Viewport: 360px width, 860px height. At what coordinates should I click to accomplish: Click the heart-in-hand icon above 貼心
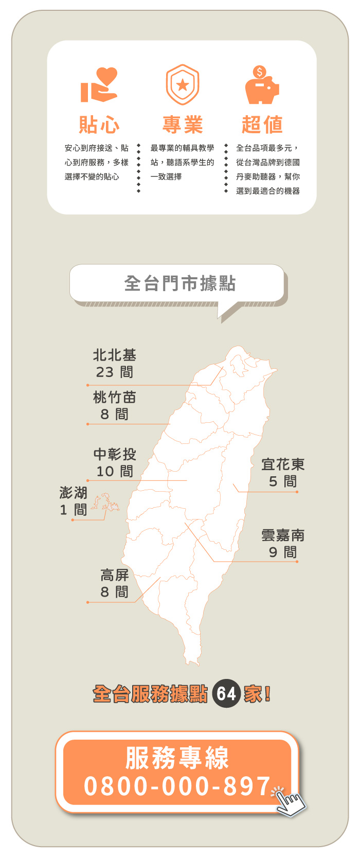tap(99, 85)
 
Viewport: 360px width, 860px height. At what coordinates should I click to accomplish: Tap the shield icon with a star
tap(182, 85)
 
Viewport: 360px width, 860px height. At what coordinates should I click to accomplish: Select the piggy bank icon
tap(262, 85)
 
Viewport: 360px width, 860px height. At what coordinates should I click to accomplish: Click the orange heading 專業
tap(183, 124)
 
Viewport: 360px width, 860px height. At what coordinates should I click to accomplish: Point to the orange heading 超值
tap(262, 124)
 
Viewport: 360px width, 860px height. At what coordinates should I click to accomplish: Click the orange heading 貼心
tap(99, 124)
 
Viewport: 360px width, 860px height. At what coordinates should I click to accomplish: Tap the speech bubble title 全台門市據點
tap(179, 283)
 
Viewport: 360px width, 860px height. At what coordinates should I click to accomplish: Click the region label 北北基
tap(115, 355)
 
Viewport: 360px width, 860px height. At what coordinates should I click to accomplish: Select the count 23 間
tap(115, 372)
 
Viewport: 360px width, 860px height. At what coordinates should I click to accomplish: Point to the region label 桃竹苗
tap(115, 397)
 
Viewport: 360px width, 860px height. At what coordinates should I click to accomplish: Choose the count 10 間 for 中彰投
tap(115, 471)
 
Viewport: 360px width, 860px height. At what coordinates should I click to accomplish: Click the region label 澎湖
tap(74, 493)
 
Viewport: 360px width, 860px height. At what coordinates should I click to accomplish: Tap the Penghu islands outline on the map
tap(105, 502)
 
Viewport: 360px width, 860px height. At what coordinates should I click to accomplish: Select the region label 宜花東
tap(283, 464)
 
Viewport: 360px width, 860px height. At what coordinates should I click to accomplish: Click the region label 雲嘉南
tap(283, 535)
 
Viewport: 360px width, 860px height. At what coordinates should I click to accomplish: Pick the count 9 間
tap(283, 552)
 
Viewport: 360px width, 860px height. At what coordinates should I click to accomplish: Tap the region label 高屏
tap(115, 575)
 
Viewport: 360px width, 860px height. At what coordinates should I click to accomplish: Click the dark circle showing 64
tap(226, 694)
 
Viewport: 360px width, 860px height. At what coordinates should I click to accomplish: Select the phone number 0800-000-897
tap(177, 786)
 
